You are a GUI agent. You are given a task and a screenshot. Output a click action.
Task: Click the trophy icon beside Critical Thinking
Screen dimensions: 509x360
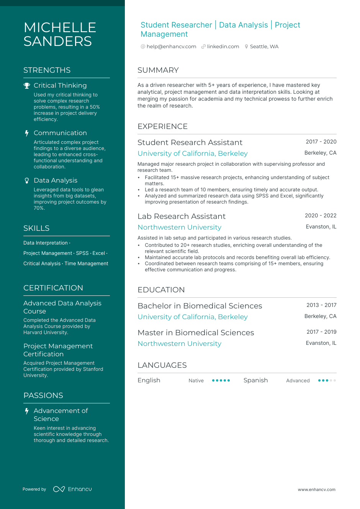(x=27, y=86)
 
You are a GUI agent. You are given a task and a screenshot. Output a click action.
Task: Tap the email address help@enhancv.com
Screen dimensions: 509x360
(x=171, y=47)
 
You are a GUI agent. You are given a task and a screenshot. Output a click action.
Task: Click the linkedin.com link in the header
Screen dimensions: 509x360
(x=223, y=47)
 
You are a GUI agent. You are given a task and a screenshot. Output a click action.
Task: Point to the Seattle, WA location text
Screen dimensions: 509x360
(x=264, y=47)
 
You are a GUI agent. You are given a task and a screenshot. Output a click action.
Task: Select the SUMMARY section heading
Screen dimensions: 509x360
(x=158, y=70)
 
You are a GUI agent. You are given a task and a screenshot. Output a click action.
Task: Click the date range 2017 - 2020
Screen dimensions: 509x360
(x=321, y=142)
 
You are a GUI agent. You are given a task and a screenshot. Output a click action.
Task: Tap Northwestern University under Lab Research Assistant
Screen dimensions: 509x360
(x=179, y=227)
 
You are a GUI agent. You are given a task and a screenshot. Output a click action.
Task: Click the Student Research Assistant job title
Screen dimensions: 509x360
(x=190, y=142)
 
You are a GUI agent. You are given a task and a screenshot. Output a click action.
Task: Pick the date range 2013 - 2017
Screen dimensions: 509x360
(x=321, y=305)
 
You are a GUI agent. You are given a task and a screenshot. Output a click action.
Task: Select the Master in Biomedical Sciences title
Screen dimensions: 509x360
(x=196, y=333)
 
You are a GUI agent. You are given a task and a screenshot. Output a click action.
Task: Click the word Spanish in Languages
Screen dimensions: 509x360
(x=255, y=380)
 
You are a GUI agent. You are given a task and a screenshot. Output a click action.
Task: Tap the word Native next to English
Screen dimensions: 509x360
(x=196, y=381)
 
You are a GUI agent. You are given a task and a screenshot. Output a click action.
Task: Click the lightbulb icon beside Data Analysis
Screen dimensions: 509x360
(x=27, y=181)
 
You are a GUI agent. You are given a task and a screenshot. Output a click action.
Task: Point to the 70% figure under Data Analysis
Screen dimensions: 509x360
(x=39, y=208)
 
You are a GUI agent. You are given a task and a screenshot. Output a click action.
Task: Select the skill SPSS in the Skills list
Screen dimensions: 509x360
(x=82, y=253)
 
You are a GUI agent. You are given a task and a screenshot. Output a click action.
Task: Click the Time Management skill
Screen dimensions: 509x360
(x=87, y=264)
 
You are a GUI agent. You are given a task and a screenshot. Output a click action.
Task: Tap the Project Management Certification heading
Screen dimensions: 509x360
(x=58, y=350)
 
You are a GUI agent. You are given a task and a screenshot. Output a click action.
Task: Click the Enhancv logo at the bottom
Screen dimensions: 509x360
(x=73, y=489)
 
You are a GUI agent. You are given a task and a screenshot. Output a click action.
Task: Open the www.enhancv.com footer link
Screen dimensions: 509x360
(x=316, y=489)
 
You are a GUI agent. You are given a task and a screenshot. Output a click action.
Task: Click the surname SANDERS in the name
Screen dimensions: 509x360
(x=57, y=41)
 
